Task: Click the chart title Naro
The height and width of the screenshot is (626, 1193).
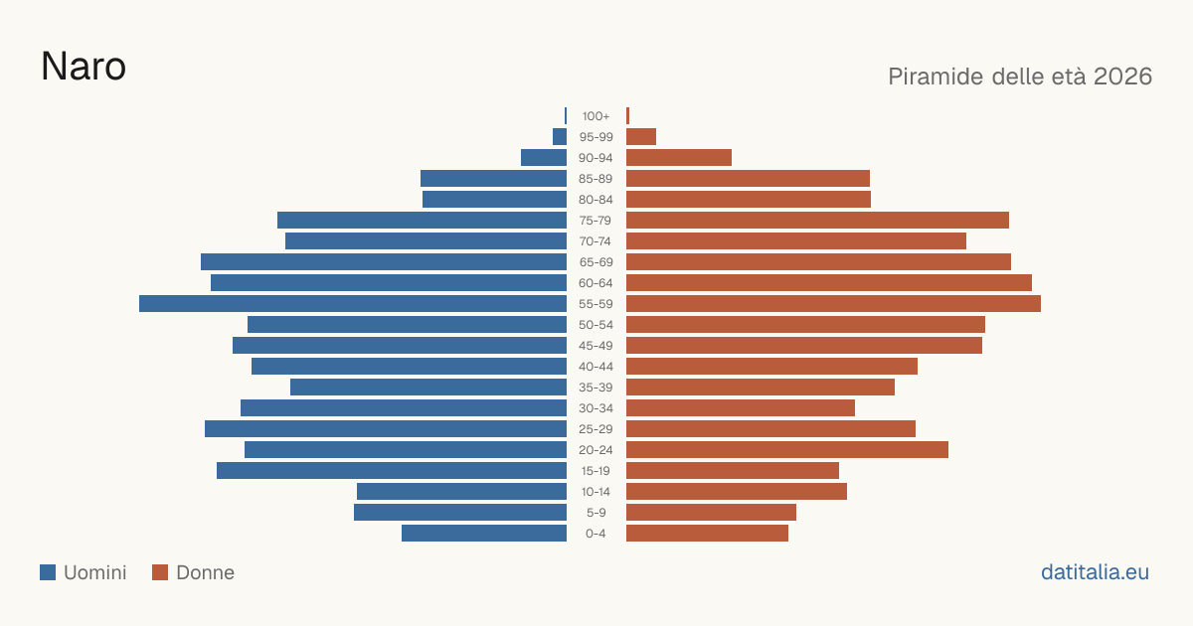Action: point(84,67)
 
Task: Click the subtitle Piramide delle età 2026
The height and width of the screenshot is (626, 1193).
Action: point(1020,77)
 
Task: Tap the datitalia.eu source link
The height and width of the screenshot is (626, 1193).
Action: point(1095,572)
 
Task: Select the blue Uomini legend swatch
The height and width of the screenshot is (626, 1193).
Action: point(48,572)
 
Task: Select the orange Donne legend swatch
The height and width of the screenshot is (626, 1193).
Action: point(160,572)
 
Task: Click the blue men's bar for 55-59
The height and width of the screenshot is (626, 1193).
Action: point(353,304)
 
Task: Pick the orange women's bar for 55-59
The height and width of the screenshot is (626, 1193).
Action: point(833,304)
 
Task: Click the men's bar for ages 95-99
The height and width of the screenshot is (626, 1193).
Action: point(560,137)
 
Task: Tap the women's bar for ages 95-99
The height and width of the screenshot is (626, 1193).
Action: point(641,137)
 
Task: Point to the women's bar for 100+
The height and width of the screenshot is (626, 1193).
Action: point(628,116)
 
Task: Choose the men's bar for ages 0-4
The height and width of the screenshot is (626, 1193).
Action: point(484,534)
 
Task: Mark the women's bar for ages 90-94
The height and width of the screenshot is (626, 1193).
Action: point(679,158)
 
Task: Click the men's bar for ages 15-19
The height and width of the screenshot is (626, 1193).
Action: point(392,471)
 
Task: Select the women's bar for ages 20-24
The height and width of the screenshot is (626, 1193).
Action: point(787,450)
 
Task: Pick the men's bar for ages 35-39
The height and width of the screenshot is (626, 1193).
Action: point(428,387)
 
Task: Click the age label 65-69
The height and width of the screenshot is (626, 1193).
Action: point(596,262)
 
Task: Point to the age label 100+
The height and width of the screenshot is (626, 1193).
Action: point(596,116)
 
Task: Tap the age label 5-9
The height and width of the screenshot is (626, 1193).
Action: point(596,513)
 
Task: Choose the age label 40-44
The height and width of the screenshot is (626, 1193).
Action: point(596,367)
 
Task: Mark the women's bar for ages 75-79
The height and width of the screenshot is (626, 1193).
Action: point(817,221)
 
